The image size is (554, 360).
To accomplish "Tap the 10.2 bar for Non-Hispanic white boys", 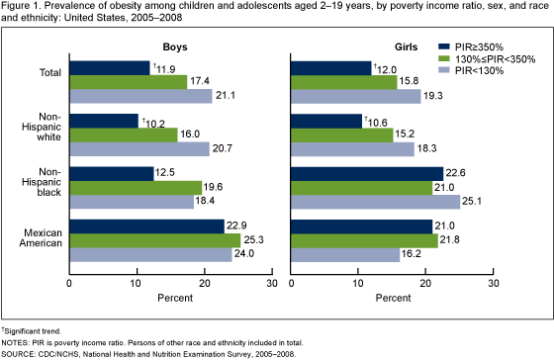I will click(103, 121).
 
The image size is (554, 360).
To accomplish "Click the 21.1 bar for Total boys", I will click(140, 96).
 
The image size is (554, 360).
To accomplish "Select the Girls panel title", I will click(397, 46).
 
